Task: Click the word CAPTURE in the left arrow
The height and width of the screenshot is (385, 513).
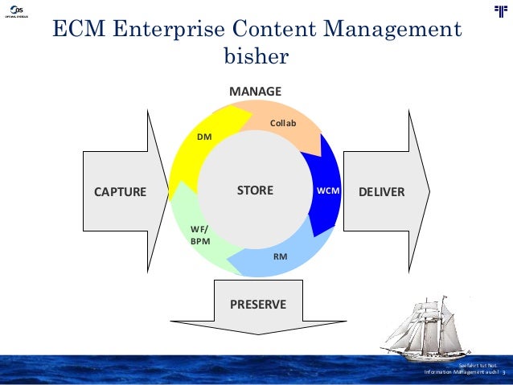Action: (x=120, y=192)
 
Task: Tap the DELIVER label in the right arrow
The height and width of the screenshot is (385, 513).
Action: (x=381, y=192)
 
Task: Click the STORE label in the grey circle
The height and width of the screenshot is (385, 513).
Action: (x=255, y=191)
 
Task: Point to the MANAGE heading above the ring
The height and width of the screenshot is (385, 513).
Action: (x=255, y=92)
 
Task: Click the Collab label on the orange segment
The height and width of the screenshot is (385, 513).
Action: (x=283, y=123)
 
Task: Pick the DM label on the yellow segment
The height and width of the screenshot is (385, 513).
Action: (x=204, y=137)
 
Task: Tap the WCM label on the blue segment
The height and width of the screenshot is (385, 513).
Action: (x=328, y=191)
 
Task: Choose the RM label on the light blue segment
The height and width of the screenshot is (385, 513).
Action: (x=281, y=257)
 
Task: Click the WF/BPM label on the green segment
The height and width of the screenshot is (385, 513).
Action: (x=199, y=235)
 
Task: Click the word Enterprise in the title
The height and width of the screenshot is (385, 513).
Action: (x=161, y=30)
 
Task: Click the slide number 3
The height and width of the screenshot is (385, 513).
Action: (x=504, y=372)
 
